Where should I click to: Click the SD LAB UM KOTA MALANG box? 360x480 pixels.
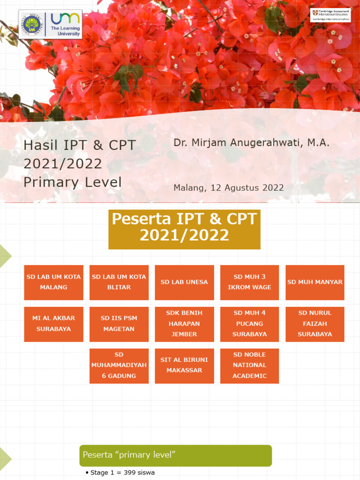pyautogui.click(x=53, y=282)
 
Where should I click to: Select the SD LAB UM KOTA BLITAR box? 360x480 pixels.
pyautogui.click(x=119, y=282)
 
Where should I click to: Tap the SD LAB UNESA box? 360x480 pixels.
pyautogui.click(x=184, y=282)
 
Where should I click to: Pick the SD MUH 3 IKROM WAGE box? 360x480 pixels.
pyautogui.click(x=249, y=282)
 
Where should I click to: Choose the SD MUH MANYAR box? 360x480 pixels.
pyautogui.click(x=315, y=282)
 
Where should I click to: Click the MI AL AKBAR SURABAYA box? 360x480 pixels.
pyautogui.click(x=53, y=324)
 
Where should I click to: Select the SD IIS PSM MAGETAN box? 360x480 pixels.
pyautogui.click(x=119, y=324)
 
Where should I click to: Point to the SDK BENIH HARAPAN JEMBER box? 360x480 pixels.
pyautogui.click(x=184, y=324)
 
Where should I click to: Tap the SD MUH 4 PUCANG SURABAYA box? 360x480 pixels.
pyautogui.click(x=249, y=324)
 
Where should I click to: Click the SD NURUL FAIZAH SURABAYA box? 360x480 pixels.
pyautogui.click(x=315, y=324)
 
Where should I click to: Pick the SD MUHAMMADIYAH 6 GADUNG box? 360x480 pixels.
pyautogui.click(x=119, y=366)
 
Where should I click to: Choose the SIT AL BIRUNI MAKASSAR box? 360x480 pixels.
pyautogui.click(x=184, y=366)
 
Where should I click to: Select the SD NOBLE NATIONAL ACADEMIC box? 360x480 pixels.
pyautogui.click(x=249, y=366)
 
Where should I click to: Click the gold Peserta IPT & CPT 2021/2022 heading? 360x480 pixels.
pyautogui.click(x=184, y=229)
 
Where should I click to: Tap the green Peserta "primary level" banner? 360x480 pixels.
pyautogui.click(x=175, y=455)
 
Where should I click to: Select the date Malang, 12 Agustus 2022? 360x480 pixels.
pyautogui.click(x=228, y=188)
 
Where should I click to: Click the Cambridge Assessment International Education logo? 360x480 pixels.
pyautogui.click(x=330, y=15)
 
